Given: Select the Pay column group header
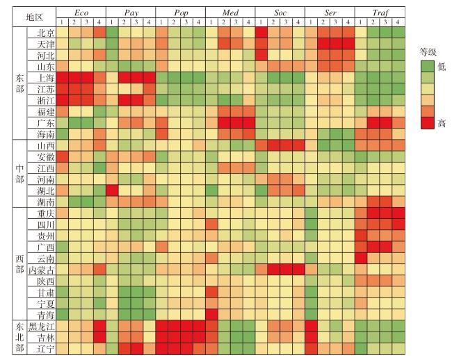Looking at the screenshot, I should (130, 13).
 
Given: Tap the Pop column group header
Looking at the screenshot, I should (180, 13).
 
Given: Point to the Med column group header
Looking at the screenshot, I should (230, 13).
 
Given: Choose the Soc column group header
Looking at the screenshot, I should (280, 13).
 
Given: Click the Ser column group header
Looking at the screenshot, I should (330, 13).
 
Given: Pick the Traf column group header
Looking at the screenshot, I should (380, 13).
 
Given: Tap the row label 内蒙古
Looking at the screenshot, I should (41, 270).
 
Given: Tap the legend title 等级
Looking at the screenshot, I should (428, 51).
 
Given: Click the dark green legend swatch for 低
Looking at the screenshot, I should (427, 66).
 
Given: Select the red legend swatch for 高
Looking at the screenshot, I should (427, 122).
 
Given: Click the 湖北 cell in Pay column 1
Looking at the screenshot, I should (111, 190).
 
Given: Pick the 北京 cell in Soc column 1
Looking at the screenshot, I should (261, 33).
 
